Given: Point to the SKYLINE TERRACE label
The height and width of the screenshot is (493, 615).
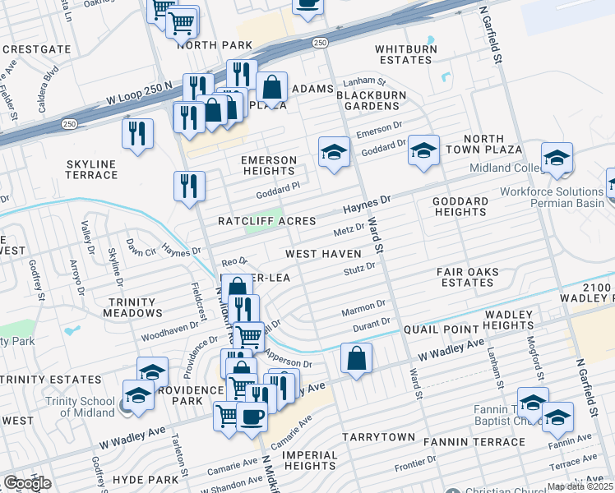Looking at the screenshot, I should (92, 169).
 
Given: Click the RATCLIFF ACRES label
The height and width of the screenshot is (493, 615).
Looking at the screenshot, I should (266, 221).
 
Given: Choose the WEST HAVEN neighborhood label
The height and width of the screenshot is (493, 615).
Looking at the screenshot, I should (323, 254).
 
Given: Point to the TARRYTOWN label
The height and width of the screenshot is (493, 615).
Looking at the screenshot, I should (378, 436).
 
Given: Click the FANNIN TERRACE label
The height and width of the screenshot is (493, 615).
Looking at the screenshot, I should (474, 442).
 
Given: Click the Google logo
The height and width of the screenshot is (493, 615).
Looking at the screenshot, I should (27, 483).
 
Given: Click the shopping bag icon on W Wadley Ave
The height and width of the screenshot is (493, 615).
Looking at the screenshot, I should (356, 358).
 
